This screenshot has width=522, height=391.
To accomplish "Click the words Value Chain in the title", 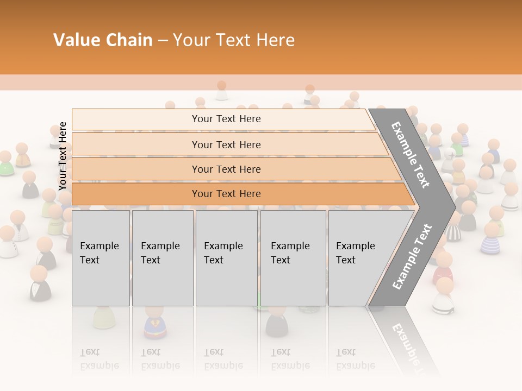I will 103,40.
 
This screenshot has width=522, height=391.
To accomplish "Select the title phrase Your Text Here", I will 234,40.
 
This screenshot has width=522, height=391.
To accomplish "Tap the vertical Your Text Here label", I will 63,156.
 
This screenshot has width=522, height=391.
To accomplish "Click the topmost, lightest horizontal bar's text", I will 226,119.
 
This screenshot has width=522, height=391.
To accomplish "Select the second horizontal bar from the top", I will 226,144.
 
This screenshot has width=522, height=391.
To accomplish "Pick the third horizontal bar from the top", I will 226,169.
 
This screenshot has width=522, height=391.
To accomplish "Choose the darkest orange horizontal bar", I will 226,194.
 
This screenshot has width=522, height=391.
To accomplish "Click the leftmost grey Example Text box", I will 101,257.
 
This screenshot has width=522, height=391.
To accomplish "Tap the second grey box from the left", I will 162,257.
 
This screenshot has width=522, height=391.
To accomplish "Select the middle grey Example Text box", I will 226,257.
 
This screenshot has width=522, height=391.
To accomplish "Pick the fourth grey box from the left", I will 293,257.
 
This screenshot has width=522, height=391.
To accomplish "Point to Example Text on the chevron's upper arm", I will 411,154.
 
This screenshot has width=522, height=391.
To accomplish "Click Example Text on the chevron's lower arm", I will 412,257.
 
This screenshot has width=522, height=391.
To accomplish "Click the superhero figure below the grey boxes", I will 154,323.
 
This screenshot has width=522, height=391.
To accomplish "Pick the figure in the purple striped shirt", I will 490,239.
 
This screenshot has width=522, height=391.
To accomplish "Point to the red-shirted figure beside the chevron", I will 443,269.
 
